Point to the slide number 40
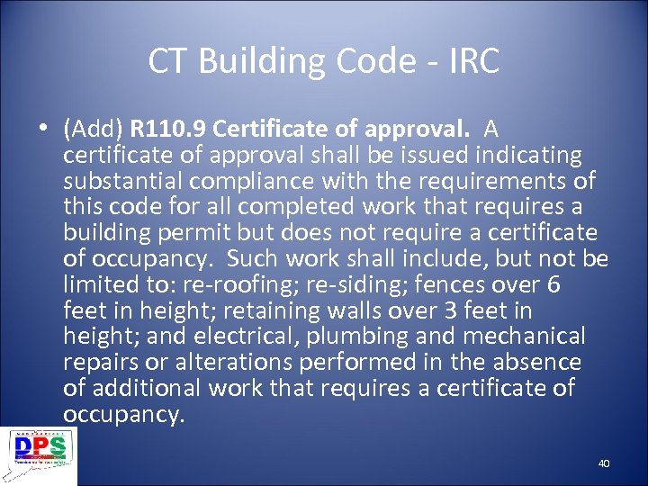coord(603,463)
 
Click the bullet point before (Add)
coord(45,129)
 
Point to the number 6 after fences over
coord(553,285)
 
